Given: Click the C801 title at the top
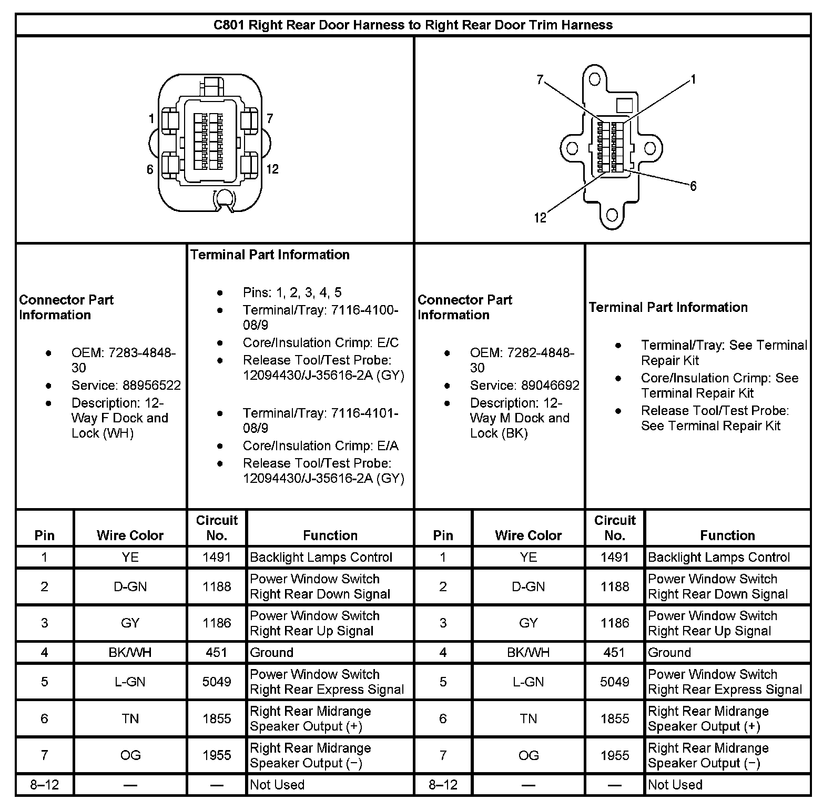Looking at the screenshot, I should [x=413, y=25].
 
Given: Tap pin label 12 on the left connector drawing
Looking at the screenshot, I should [x=272, y=169].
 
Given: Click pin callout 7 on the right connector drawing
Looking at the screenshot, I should [x=540, y=80].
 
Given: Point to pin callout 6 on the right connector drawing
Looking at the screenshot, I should [x=693, y=186].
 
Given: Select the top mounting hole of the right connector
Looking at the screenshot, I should [x=595, y=79].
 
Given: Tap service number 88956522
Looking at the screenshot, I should [x=152, y=386].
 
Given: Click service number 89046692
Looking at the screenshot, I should [x=551, y=386].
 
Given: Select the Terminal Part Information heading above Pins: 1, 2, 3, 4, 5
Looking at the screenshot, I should [x=270, y=255].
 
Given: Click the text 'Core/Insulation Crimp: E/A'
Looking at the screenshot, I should [x=320, y=446].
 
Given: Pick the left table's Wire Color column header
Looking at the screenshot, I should [x=130, y=535].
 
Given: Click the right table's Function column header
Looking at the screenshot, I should [x=727, y=535].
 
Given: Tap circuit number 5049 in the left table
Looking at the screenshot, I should [x=217, y=682].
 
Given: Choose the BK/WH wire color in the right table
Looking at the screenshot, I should [x=528, y=653].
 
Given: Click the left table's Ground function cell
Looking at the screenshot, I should [x=271, y=653].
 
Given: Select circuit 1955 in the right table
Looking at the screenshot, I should [x=615, y=755].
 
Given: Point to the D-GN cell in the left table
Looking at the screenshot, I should [x=130, y=586].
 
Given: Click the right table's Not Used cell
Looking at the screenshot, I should [x=675, y=785].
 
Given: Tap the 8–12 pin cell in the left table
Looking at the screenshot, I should [x=44, y=785].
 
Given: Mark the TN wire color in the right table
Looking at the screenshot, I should [x=528, y=718].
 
